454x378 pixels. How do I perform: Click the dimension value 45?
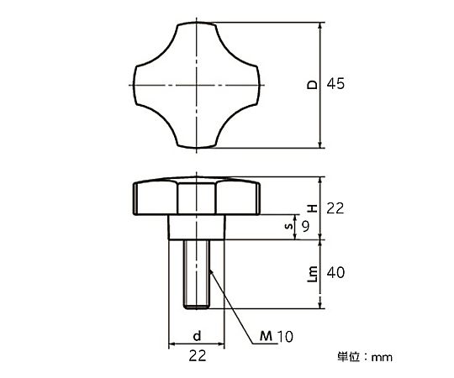point(335,84)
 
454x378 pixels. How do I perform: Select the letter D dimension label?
point(312,85)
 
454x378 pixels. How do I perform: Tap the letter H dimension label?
point(312,208)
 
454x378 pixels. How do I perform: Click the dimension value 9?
point(305,226)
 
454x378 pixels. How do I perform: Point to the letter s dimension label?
point(288,226)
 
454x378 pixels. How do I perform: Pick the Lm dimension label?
point(312,274)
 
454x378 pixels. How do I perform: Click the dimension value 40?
point(335,272)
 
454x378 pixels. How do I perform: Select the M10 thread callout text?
point(277,336)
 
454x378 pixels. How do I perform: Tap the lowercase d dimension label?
point(197,336)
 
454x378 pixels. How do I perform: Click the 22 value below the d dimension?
point(198,355)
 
